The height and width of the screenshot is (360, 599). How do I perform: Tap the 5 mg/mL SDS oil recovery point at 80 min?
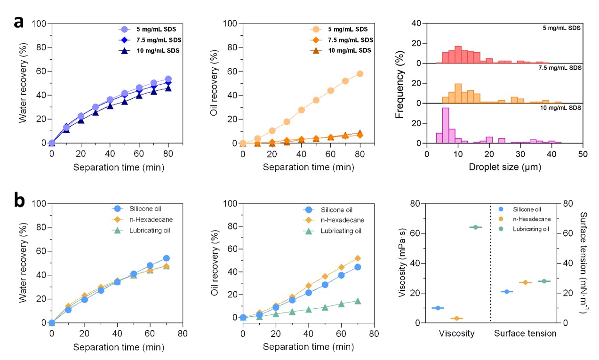(360, 74)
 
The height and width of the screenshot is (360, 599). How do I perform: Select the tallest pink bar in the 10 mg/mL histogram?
(445, 125)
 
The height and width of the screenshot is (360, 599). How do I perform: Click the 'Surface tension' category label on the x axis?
(525, 334)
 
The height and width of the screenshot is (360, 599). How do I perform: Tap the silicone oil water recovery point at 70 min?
(166, 258)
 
